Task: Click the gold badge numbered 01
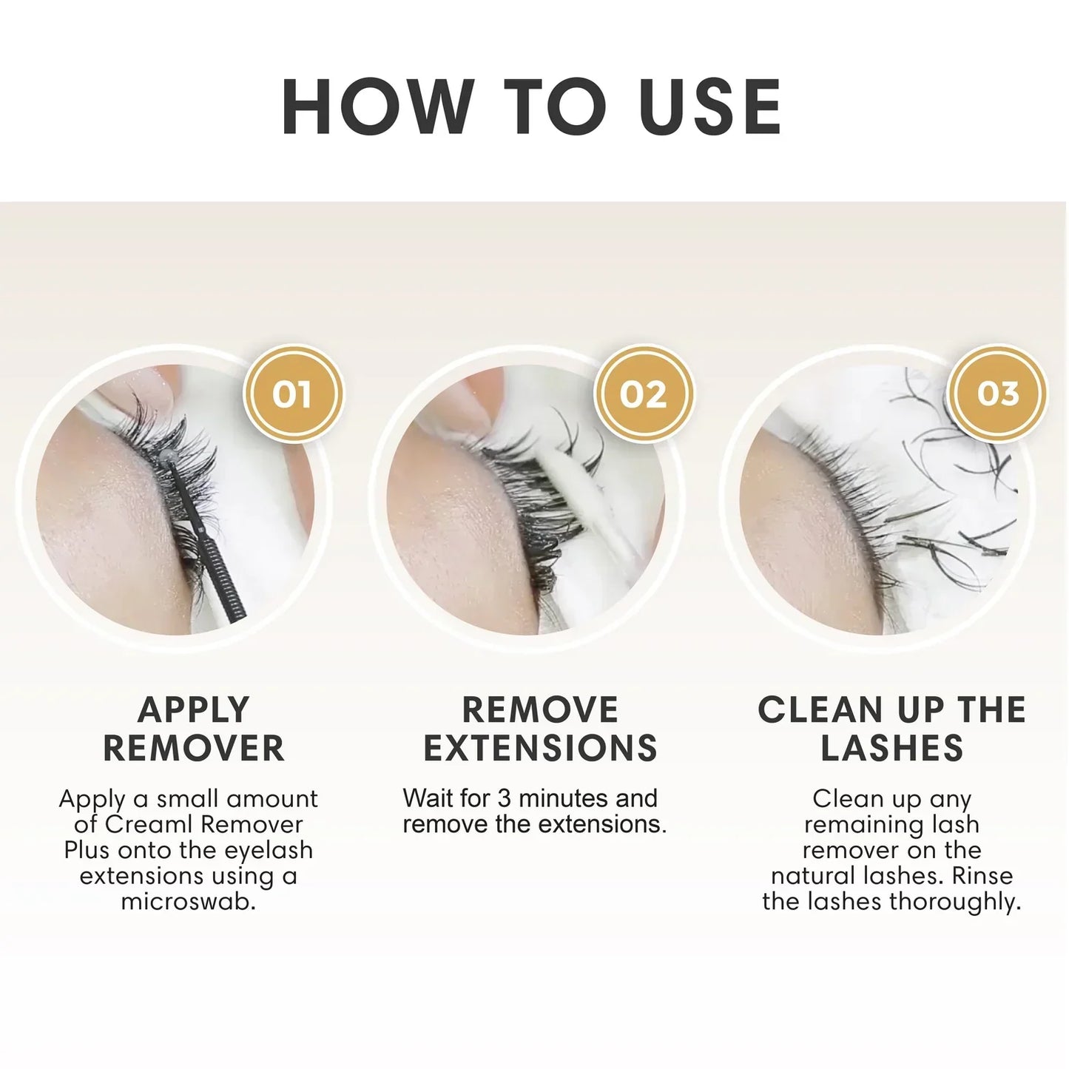pos(292,394)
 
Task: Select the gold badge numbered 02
pos(643,394)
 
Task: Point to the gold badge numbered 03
pos(997,394)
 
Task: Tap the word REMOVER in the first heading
pos(194,748)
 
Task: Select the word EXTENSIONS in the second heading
pos(540,748)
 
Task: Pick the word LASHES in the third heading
pos(891,748)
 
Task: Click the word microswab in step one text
pos(189,902)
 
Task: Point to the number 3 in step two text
pos(504,799)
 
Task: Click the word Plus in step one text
pos(88,850)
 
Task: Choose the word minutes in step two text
pos(562,799)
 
